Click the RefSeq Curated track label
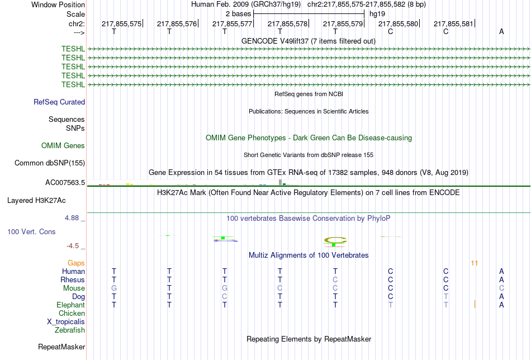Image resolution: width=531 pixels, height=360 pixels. pyautogui.click(x=59, y=102)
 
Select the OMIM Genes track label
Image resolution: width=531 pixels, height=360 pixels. pyautogui.click(x=63, y=146)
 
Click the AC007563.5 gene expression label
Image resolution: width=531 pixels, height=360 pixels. pyautogui.click(x=65, y=182)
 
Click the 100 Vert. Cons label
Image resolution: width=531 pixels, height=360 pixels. pyautogui.click(x=31, y=231)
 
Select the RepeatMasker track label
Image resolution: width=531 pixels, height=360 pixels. pyautogui.click(x=61, y=347)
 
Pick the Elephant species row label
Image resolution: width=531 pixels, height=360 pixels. pyautogui.click(x=70, y=305)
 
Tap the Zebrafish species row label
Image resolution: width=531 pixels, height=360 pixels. pyautogui.click(x=70, y=330)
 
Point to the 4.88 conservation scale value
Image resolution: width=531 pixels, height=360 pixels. pyautogui.click(x=75, y=218)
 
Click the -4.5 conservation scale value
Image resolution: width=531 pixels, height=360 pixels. pyautogui.click(x=75, y=246)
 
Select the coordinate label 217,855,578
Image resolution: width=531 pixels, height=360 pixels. pyautogui.click(x=288, y=23)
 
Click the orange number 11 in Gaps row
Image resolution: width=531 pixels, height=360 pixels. pyautogui.click(x=475, y=263)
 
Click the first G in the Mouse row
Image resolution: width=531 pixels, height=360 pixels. pyautogui.click(x=114, y=288)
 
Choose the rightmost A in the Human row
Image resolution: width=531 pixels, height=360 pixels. pyautogui.click(x=501, y=272)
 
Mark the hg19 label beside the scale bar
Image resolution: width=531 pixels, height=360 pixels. pyautogui.click(x=377, y=14)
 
